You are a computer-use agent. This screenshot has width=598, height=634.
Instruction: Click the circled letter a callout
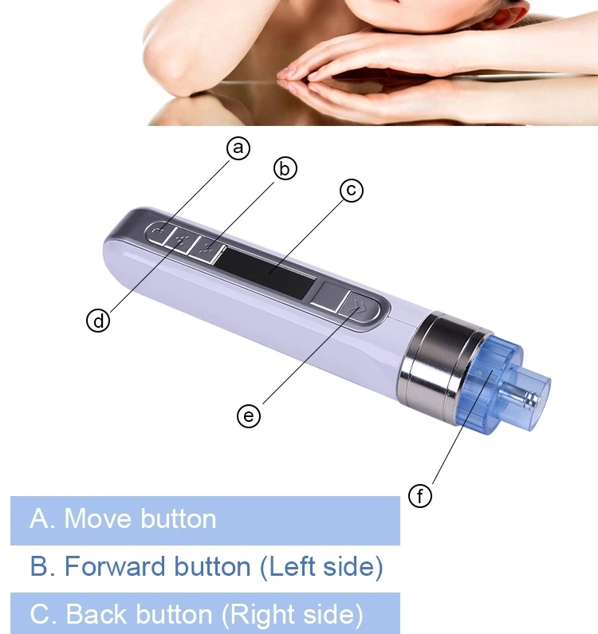click(238, 148)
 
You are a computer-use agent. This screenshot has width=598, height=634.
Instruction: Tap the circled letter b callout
click(285, 168)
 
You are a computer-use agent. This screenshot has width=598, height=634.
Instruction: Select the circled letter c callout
click(352, 190)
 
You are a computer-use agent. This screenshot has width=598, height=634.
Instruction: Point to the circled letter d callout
click(98, 321)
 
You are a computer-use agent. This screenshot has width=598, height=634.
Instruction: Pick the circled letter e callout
click(249, 416)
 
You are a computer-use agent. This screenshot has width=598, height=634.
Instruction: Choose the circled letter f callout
click(420, 496)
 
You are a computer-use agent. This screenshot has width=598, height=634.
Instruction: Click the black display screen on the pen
click(266, 272)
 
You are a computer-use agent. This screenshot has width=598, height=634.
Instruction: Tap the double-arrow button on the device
click(357, 308)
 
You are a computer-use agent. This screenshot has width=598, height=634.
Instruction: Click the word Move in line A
click(99, 519)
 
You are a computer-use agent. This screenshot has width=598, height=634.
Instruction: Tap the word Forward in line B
click(115, 566)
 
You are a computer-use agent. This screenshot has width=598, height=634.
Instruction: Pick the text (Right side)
click(293, 615)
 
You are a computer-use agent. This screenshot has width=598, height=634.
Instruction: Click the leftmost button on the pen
click(160, 234)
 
